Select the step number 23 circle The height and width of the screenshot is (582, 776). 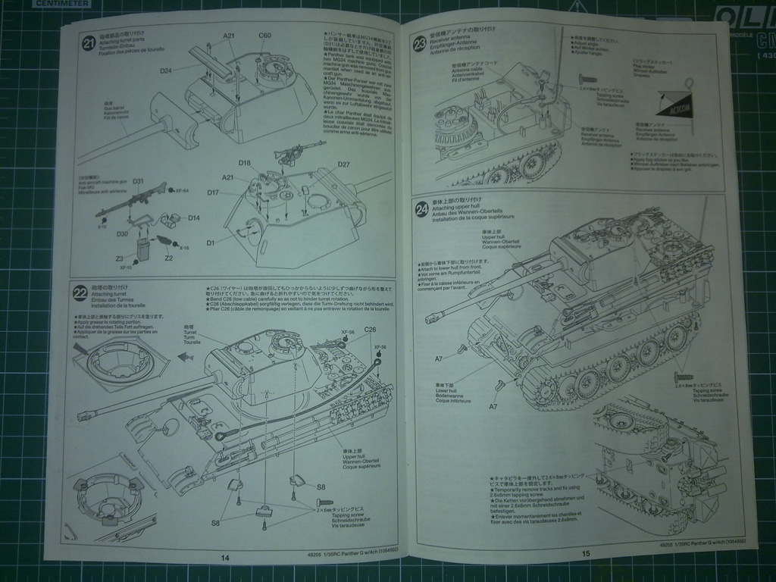pyautogui.click(x=421, y=45)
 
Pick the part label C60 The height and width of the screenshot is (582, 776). pyautogui.click(x=265, y=35)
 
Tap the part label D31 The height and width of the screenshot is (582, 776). pyautogui.click(x=139, y=182)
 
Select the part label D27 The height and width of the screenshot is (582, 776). pyautogui.click(x=343, y=164)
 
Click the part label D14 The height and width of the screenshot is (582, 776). pyautogui.click(x=194, y=218)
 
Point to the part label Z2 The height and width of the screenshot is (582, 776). pyautogui.click(x=168, y=258)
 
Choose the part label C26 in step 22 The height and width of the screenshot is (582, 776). pyautogui.click(x=370, y=330)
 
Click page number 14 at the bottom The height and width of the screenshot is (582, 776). pyautogui.click(x=224, y=558)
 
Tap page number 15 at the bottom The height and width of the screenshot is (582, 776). pyautogui.click(x=586, y=553)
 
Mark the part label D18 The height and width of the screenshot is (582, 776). pyautogui.click(x=245, y=163)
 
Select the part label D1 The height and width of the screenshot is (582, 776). pyautogui.click(x=210, y=242)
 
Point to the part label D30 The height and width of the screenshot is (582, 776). pyautogui.click(x=123, y=234)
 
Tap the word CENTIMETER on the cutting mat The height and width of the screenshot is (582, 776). pyautogui.click(x=61, y=3)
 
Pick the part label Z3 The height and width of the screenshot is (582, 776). pyautogui.click(x=119, y=259)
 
